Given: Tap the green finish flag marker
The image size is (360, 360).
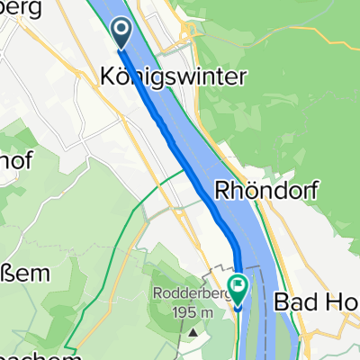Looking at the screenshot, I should coord(238,289).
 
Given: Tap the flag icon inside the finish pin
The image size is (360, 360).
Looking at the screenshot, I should coord(238,287).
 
